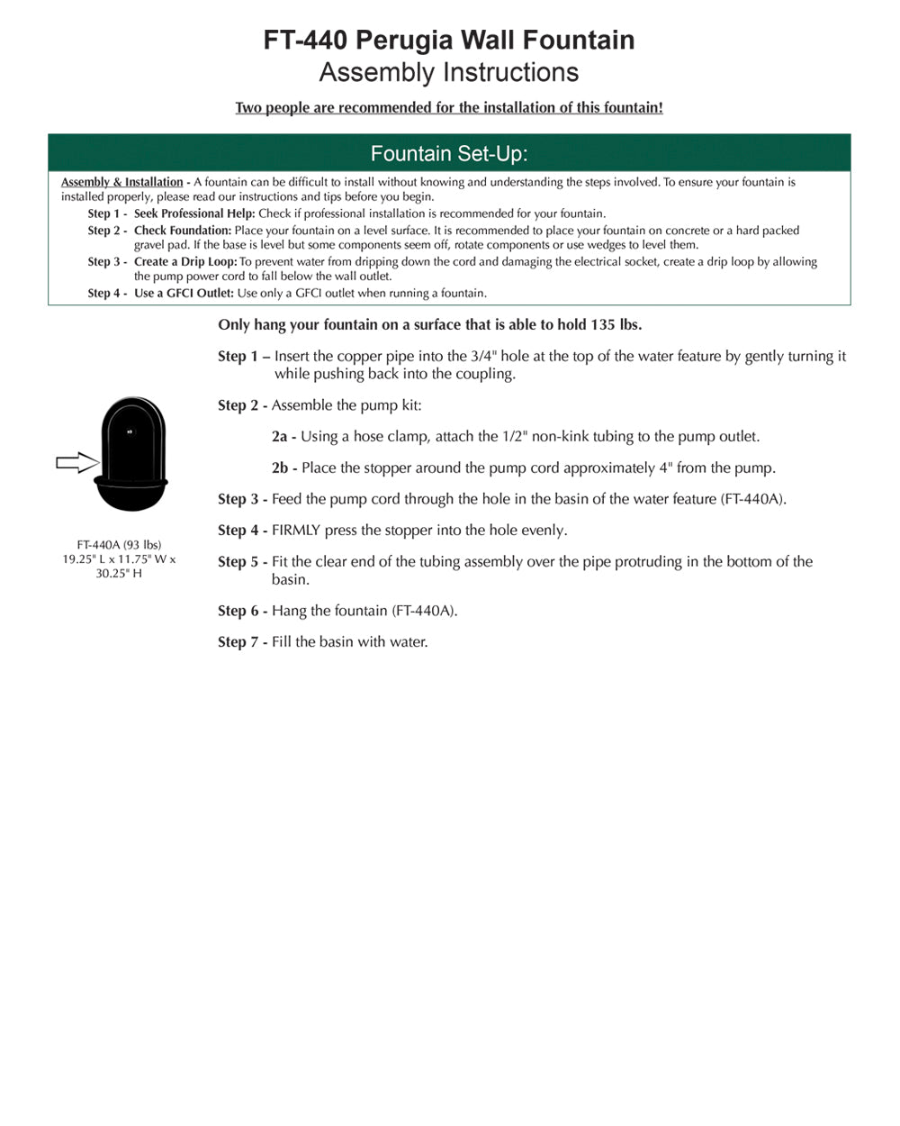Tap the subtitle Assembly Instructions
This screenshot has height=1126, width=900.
449,72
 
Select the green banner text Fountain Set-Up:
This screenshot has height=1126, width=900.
449,153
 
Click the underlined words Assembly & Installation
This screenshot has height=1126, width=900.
121,182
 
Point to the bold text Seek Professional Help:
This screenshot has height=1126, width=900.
194,213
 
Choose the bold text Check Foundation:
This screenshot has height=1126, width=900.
183,231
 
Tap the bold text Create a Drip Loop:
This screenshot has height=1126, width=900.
185,262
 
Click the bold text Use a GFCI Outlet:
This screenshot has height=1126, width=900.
184,294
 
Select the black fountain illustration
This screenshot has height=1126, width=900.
131,454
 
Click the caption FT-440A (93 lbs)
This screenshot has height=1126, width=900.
119,545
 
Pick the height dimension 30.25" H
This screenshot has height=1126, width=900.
119,574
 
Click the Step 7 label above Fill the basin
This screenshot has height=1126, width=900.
241,642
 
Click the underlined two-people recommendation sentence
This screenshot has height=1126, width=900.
449,108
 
